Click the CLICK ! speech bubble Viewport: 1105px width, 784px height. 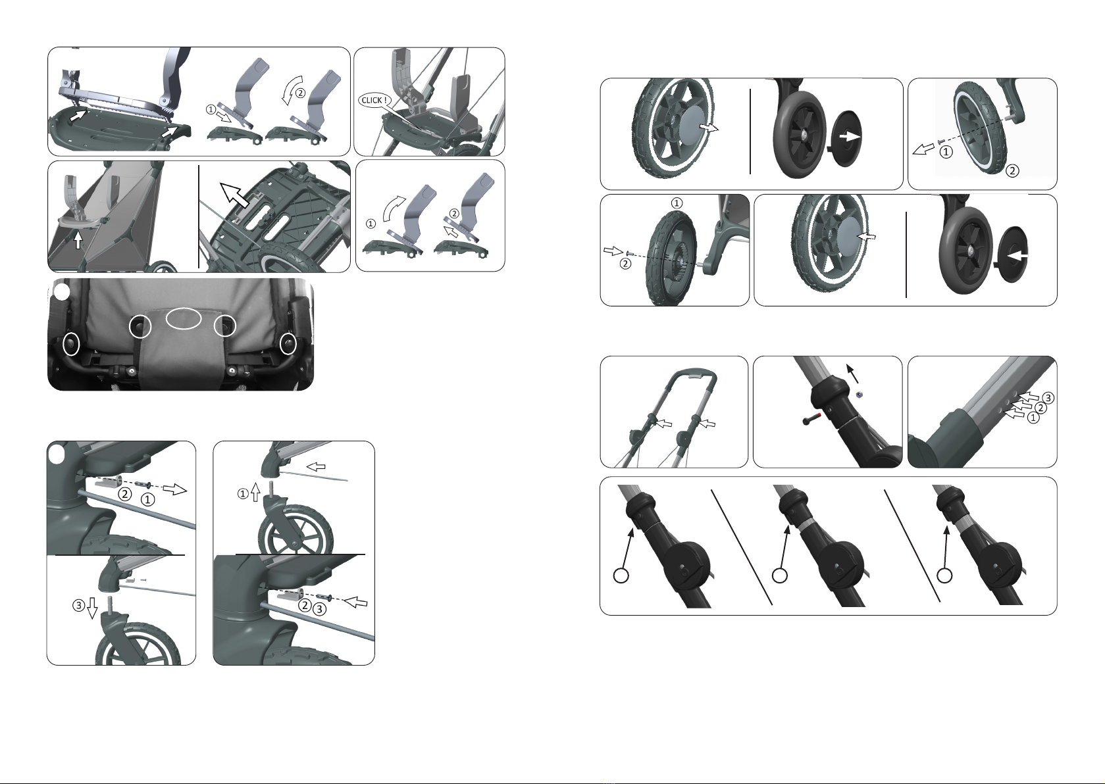point(374,100)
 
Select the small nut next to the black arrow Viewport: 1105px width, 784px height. point(859,393)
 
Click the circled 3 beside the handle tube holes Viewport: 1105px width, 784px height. point(1048,397)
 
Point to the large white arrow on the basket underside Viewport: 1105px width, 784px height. point(234,194)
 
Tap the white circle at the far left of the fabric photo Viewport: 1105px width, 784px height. point(70,343)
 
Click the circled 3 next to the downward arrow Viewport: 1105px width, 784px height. point(78,605)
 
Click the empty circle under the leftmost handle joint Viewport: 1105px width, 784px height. point(621,576)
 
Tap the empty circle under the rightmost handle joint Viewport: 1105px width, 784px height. point(944,576)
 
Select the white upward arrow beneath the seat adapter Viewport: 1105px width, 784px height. point(78,239)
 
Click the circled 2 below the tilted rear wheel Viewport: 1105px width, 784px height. point(1012,170)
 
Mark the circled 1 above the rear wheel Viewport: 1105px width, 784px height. point(677,203)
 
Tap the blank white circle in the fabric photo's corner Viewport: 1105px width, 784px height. point(62,291)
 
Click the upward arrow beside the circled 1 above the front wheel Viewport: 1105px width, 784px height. point(255,492)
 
